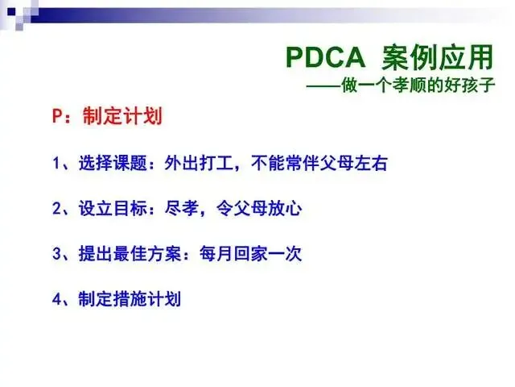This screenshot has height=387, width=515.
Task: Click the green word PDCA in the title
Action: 325,57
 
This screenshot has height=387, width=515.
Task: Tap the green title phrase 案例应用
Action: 438,57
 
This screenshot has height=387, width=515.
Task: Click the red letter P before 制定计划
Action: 57,116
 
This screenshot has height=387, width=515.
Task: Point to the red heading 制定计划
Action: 123,116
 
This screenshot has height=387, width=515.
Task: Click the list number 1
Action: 56,163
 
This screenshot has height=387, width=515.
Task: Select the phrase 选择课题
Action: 113,163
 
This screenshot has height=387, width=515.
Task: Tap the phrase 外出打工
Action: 199,163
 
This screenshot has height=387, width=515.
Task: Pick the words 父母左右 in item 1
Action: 354,163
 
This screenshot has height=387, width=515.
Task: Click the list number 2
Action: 56,209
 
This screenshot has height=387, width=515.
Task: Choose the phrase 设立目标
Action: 113,209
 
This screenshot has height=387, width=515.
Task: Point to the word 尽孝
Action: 182,209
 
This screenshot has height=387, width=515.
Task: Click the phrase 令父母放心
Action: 259,209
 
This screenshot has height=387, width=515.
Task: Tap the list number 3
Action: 56,254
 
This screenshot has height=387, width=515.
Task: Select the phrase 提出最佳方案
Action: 130,254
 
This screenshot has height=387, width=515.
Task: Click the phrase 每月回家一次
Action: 250,254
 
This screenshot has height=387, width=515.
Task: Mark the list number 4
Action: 56,299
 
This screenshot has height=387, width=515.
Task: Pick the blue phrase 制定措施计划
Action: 130,299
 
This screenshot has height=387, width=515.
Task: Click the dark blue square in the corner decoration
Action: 11,12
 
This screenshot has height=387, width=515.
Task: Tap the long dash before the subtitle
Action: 323,86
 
